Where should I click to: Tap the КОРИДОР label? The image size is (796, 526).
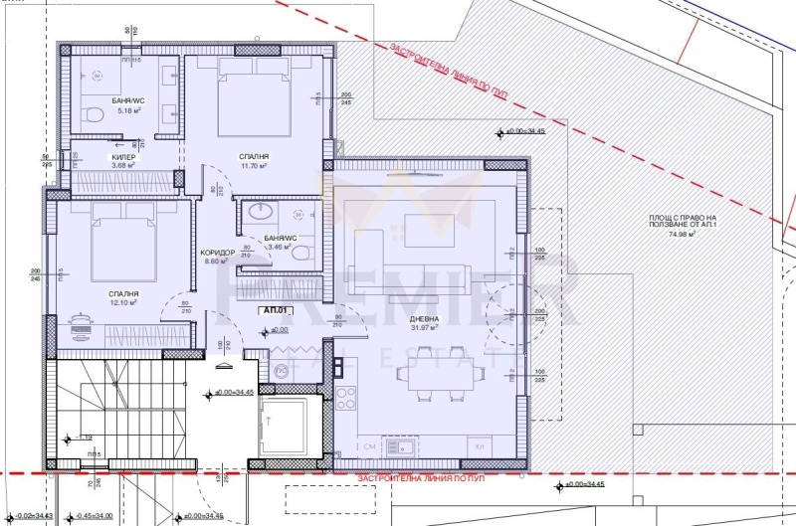pos(217,253)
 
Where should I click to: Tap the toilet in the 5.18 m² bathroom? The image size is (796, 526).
pos(91,112)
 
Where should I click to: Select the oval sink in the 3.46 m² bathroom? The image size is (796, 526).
pos(260,212)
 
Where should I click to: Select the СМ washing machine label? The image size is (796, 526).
pos(371,445)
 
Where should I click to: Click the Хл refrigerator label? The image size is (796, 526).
pos(481,445)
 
